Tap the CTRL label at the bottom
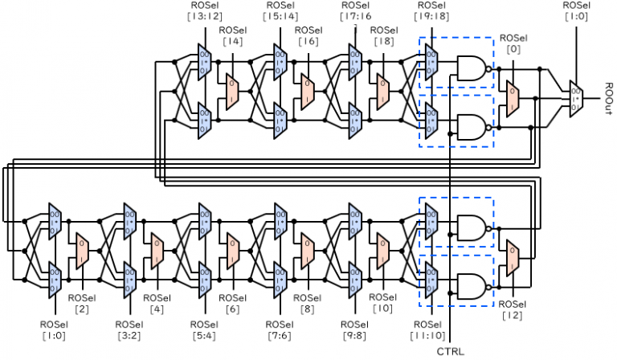click(x=450, y=351)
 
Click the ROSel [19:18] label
click(x=430, y=10)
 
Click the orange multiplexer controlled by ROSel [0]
click(x=512, y=96)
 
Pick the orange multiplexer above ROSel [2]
click(x=82, y=251)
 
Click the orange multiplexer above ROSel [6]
click(x=232, y=251)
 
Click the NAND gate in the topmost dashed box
click(x=472, y=67)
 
